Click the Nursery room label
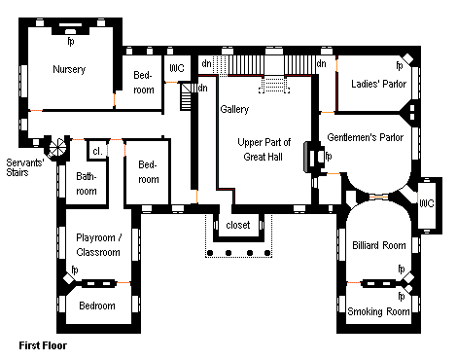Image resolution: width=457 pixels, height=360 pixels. point(69,69)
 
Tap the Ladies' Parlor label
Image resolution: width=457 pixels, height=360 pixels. point(378,84)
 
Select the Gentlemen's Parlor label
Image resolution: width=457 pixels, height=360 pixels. point(366,137)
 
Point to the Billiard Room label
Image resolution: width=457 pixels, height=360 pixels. point(379,245)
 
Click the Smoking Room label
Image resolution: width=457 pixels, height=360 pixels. point(378,311)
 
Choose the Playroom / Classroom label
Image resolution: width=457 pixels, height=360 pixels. point(98,245)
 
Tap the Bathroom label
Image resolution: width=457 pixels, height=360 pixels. point(87,184)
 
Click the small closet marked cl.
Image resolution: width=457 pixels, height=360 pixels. point(97,151)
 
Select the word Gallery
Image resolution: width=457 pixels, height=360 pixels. point(234,109)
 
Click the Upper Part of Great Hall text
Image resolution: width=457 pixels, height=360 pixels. point(264,150)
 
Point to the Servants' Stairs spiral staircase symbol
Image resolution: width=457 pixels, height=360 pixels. point(57,148)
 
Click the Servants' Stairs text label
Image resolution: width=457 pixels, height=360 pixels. point(25,167)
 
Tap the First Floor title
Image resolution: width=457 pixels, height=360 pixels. point(43,345)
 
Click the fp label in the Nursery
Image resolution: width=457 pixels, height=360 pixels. point(71,42)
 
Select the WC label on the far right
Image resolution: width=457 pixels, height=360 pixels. point(426,203)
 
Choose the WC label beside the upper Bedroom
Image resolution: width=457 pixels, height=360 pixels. point(177,68)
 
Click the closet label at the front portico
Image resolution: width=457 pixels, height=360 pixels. point(238,225)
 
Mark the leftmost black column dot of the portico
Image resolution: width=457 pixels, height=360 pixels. point(210,253)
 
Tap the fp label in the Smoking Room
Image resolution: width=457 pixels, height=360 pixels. point(402,296)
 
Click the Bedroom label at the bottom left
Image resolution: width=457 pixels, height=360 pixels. point(97,306)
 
